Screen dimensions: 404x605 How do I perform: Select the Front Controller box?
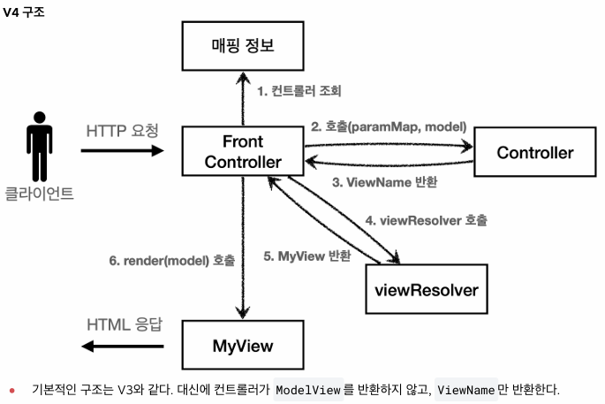pos(243,151)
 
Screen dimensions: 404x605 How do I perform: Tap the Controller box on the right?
pos(534,152)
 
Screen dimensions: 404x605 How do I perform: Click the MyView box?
pos(243,345)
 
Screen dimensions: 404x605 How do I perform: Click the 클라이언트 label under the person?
pos(40,193)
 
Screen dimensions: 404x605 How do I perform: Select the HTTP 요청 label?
pos(123,130)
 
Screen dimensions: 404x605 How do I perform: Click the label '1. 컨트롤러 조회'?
pos(299,90)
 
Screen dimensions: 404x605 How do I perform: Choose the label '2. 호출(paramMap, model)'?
pos(388,126)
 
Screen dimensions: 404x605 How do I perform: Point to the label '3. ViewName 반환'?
pos(384,183)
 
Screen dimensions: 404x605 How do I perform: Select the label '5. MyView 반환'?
pos(307,255)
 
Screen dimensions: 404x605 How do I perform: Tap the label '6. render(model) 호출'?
pos(172,261)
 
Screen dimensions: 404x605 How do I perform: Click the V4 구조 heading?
pos(26,11)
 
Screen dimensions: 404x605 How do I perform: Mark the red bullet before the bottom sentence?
pos(12,390)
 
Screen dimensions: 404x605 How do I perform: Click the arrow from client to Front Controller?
pos(123,150)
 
